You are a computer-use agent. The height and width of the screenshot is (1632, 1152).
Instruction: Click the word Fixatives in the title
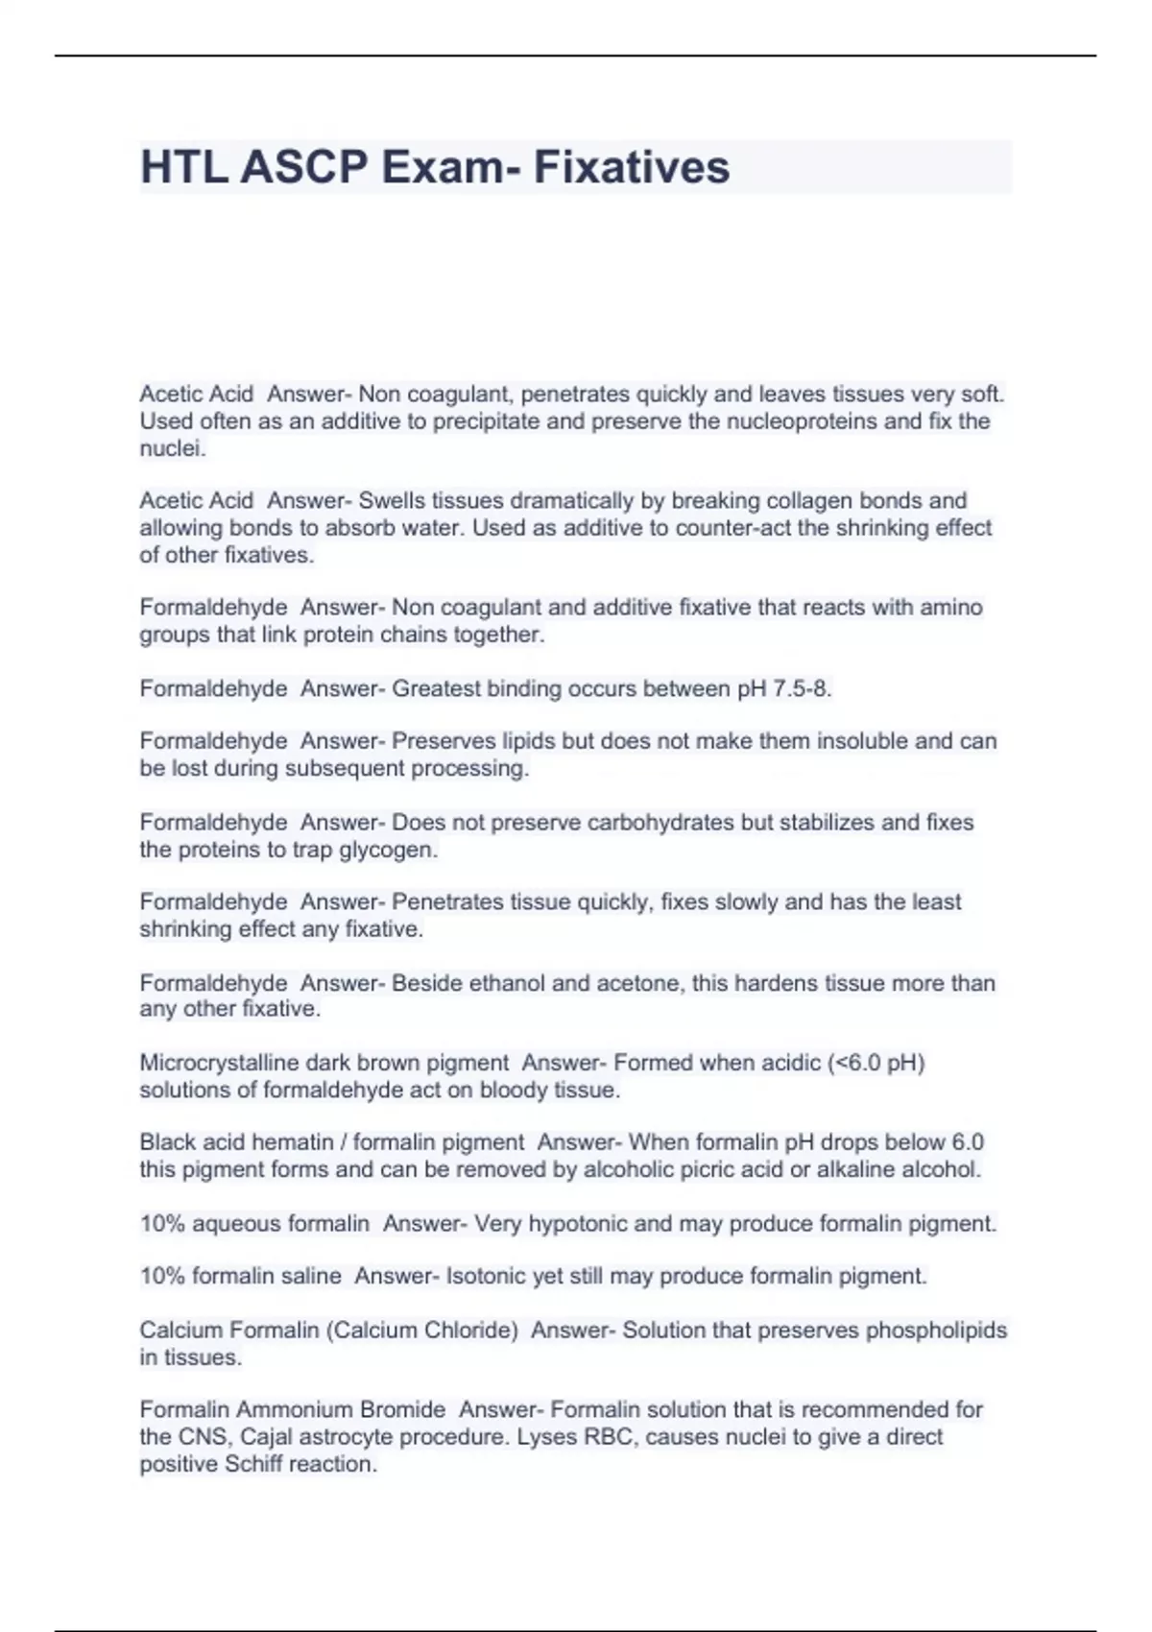pyautogui.click(x=632, y=167)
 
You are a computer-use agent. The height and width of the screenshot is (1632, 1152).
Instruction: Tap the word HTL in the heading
pyautogui.click(x=183, y=167)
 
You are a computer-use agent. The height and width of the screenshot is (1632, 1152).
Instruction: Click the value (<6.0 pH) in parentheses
pyautogui.click(x=875, y=1063)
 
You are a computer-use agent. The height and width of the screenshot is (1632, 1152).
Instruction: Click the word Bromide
pyautogui.click(x=402, y=1410)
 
